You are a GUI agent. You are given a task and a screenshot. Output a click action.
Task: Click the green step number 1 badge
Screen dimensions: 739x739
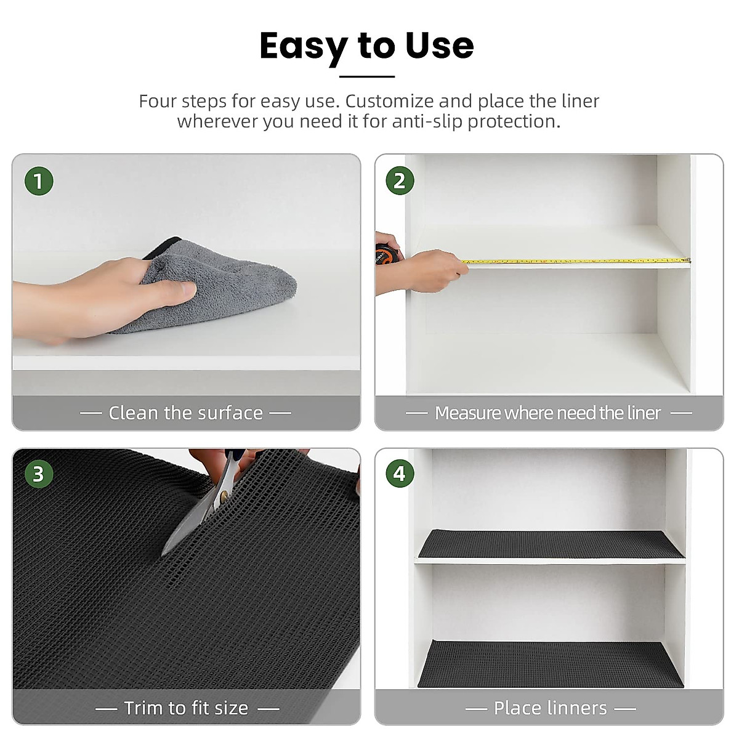click(x=39, y=182)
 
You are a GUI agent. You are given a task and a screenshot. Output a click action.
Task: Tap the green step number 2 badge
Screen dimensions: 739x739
click(x=400, y=181)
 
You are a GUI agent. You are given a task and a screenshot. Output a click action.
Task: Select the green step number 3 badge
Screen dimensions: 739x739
click(x=39, y=474)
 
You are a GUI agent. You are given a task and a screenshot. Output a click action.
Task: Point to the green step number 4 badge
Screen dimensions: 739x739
click(x=400, y=474)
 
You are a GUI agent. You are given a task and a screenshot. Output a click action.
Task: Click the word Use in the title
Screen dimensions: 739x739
click(x=439, y=46)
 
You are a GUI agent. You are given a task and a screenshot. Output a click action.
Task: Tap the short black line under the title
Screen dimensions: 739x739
click(x=366, y=76)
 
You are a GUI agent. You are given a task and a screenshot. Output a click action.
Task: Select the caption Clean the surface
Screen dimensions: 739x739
click(x=185, y=413)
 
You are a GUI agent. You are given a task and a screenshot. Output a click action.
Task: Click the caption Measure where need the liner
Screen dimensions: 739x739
click(x=547, y=413)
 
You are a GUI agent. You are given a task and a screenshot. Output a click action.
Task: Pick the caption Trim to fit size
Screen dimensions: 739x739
click(x=186, y=708)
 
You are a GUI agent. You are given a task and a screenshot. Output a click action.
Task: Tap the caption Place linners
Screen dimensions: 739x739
click(x=550, y=708)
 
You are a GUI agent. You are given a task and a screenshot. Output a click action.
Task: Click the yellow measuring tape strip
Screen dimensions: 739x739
click(x=573, y=261)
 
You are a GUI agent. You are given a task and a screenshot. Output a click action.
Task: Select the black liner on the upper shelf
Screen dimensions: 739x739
click(x=550, y=544)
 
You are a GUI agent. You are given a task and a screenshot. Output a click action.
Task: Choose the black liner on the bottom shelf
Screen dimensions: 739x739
click(x=550, y=664)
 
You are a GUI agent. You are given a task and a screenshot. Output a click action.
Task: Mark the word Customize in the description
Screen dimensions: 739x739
click(x=389, y=101)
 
